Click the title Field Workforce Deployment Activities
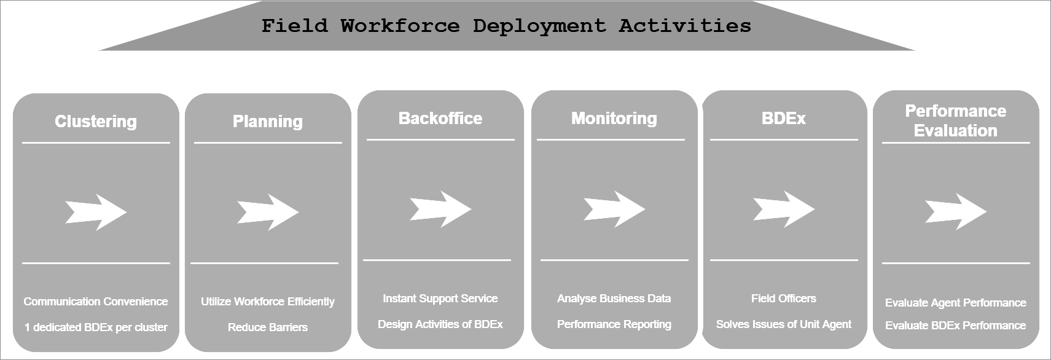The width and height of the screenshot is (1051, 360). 506,26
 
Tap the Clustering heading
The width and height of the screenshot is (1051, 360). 96,122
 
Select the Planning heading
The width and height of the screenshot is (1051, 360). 267,122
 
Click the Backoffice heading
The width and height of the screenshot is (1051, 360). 440,119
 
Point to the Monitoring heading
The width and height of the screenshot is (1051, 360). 614,119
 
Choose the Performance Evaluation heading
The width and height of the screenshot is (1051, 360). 955,120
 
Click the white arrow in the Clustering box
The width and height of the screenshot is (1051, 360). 96,212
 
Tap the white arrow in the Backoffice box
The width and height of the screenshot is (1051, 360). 440,209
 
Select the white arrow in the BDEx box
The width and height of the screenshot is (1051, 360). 784,209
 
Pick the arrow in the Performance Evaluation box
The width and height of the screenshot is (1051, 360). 956,212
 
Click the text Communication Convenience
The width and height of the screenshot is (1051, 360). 96,301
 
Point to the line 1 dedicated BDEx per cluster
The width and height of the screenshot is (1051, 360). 96,327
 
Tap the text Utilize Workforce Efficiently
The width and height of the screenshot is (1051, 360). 267,301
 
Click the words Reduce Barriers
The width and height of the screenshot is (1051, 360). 267,327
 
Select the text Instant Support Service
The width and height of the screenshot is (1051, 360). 440,299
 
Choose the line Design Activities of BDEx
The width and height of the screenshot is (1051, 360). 440,324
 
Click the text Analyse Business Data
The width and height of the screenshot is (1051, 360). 614,299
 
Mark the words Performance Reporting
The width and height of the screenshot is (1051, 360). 614,324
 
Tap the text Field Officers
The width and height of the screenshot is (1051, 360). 784,299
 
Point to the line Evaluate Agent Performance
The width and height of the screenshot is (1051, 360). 955,303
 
